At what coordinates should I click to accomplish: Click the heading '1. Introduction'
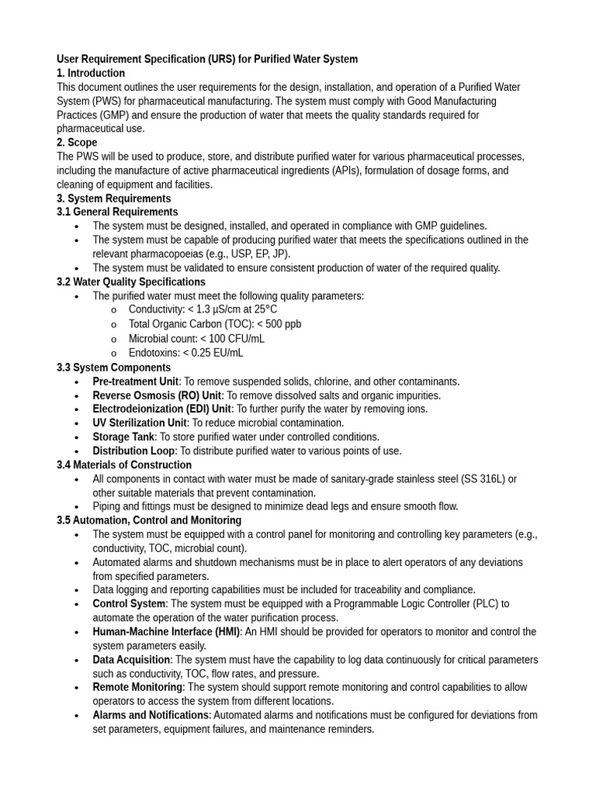click(x=91, y=73)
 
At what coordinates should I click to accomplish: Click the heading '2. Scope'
click(x=77, y=143)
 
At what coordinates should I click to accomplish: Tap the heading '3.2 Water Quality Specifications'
click(x=131, y=281)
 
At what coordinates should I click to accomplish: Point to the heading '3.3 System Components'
click(x=113, y=368)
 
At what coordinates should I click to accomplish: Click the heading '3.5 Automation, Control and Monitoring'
click(x=149, y=520)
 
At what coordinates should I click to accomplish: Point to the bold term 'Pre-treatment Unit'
click(x=136, y=381)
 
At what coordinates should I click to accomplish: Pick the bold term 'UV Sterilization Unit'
click(x=140, y=423)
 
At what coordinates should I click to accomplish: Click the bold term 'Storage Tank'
click(x=123, y=437)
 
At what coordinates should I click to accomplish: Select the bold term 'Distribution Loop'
click(x=133, y=451)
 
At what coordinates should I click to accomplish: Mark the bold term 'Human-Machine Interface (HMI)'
click(x=166, y=632)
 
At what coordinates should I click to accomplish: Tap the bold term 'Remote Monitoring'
click(x=137, y=687)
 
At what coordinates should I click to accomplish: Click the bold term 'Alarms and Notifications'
click(x=151, y=715)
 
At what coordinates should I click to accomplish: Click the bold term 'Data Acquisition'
click(x=131, y=660)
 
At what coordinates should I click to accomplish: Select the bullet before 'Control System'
click(x=76, y=604)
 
